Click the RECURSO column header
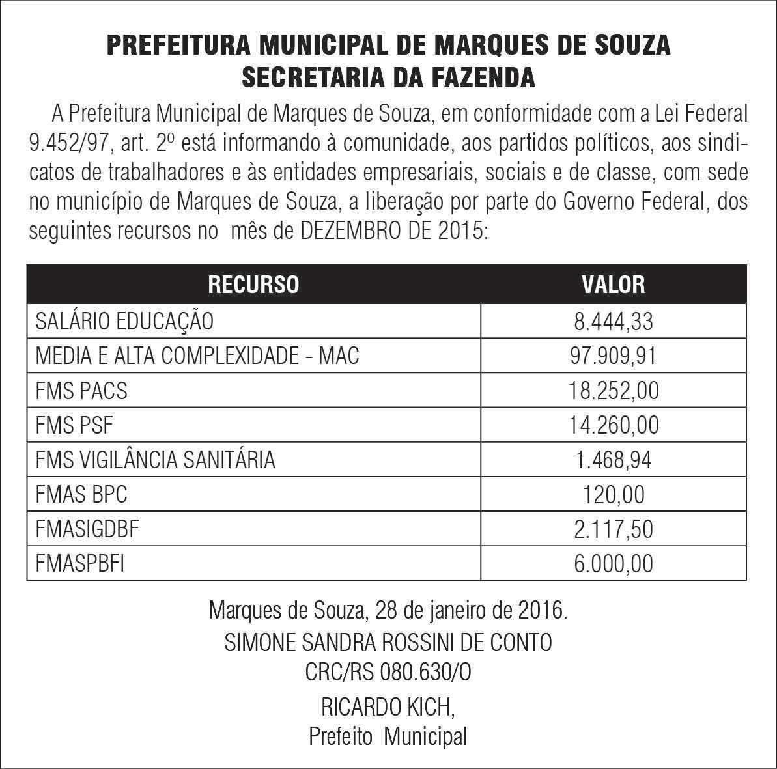point(253,285)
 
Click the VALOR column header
point(613,285)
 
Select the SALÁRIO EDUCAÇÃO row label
point(124,321)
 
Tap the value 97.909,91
point(613,356)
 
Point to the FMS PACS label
point(81,391)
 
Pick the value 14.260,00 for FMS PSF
point(613,425)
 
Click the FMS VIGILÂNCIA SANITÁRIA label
point(155,460)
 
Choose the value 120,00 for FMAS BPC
point(613,495)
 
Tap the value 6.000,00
point(613,564)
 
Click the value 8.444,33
point(613,321)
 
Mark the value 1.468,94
point(613,460)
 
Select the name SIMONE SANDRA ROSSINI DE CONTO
point(388,643)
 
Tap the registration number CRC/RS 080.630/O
point(388,673)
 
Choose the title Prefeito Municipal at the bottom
point(388,737)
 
